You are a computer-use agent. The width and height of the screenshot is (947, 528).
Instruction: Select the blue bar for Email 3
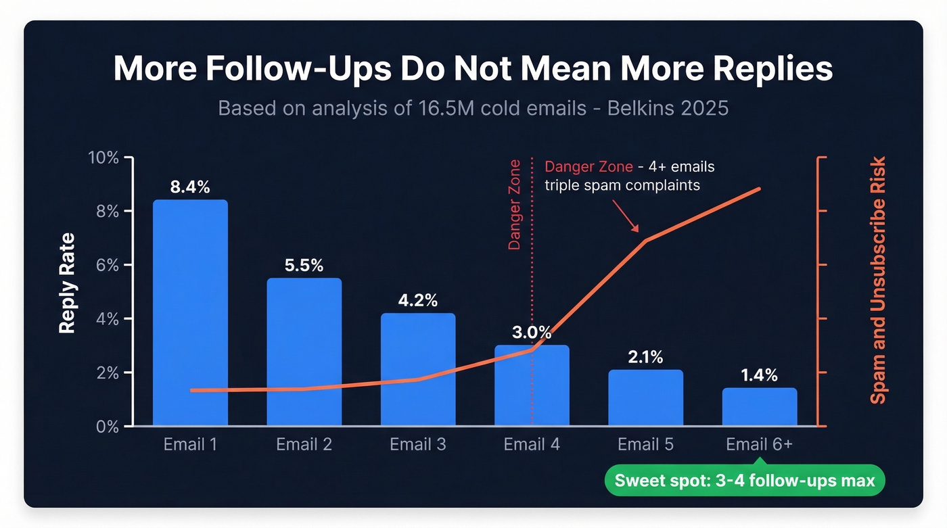click(x=417, y=369)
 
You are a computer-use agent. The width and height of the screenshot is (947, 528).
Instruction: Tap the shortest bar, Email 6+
click(x=759, y=407)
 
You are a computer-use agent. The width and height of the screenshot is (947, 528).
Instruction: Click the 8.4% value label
click(x=190, y=187)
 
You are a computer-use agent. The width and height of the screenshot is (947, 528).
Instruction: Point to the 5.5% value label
click(x=304, y=266)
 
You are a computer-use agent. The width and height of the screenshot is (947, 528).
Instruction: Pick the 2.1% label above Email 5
click(x=645, y=357)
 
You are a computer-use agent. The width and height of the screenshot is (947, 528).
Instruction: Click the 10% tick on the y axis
click(x=103, y=158)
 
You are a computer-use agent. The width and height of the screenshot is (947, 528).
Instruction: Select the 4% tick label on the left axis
click(x=107, y=318)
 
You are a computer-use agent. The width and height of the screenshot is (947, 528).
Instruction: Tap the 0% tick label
click(x=107, y=427)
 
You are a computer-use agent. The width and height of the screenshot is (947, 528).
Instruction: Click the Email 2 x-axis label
click(x=304, y=445)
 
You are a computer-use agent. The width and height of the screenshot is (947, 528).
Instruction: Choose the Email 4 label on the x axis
click(x=532, y=445)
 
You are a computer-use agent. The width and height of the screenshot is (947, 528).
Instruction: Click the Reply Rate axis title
click(x=66, y=283)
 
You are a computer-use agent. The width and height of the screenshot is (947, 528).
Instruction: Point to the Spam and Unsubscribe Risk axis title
click(x=877, y=281)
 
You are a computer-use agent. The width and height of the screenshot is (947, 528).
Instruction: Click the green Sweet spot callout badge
click(x=744, y=481)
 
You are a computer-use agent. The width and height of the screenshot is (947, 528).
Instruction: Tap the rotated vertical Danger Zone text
click(x=515, y=206)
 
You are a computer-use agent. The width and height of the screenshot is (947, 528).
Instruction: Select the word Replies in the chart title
click(x=764, y=70)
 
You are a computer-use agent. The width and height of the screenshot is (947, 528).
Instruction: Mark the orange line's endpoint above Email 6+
click(x=760, y=189)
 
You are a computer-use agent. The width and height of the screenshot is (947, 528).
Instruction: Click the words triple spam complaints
click(x=622, y=185)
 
